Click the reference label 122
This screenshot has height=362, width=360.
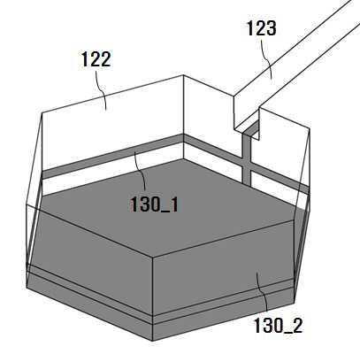click(96, 59)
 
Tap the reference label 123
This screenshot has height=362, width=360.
click(261, 28)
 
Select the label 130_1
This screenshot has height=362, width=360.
click(154, 204)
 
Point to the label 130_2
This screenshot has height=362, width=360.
click(278, 326)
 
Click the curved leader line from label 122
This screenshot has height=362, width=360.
click(101, 90)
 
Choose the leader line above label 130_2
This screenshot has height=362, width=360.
click(263, 291)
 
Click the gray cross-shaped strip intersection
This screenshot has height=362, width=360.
click(247, 165)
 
